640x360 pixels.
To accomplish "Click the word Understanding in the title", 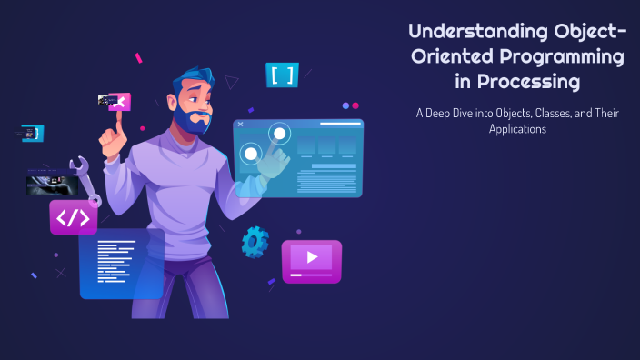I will (x=463, y=33).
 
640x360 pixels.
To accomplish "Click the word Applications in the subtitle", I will (x=515, y=130).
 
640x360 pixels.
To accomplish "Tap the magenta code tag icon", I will (x=73, y=218).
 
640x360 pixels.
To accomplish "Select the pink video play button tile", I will (x=311, y=258).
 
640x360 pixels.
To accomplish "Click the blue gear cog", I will (x=255, y=242).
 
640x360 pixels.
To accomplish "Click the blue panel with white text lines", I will (x=121, y=263).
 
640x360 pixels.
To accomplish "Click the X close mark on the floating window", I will (x=240, y=124).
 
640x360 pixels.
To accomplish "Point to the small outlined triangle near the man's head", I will (x=232, y=83).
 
